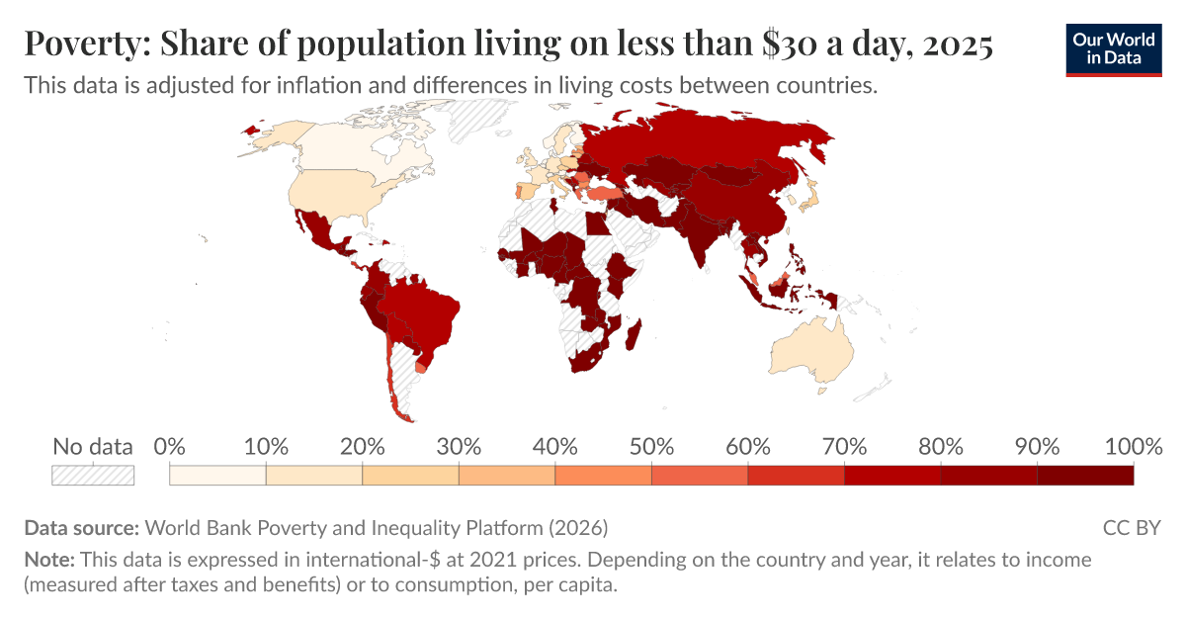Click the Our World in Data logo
tap(1115, 46)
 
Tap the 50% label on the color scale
tap(651, 446)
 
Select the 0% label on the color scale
tap(170, 446)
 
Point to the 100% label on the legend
tap(1132, 446)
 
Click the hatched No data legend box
tap(93, 475)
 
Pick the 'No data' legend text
tap(93, 446)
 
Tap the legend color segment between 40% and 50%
tap(603, 475)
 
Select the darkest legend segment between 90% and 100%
tap(1084, 475)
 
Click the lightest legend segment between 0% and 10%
tap(217, 475)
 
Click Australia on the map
tap(812, 351)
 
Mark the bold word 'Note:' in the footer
tap(48, 560)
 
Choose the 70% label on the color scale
tap(844, 446)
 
